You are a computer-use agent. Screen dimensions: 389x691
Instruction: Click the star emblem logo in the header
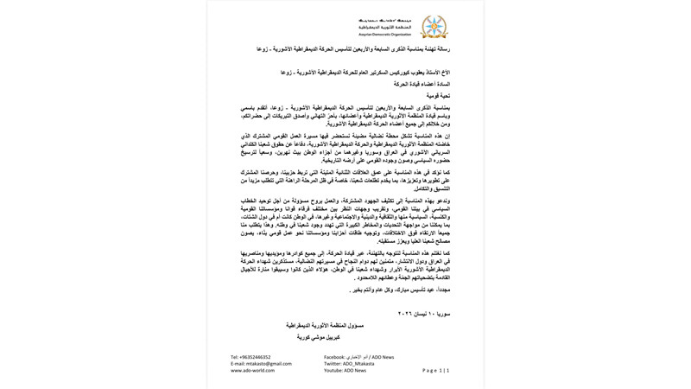tap(434, 27)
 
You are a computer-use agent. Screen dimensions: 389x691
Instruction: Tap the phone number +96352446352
tap(250, 356)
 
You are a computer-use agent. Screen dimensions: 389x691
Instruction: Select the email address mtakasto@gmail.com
tap(261, 363)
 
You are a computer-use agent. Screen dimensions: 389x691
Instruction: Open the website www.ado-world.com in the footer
tap(252, 370)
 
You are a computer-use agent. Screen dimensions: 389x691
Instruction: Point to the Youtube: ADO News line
tap(345, 370)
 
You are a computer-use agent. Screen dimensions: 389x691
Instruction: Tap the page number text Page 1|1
tap(435, 370)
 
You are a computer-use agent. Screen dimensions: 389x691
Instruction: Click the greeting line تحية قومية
tap(437, 95)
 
